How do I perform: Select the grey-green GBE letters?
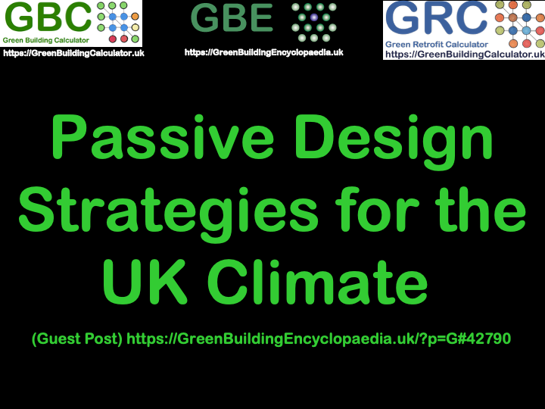pos(232,18)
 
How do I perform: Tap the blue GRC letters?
pos(438,20)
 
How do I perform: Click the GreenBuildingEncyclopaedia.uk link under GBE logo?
pos(263,52)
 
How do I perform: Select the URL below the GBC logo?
pos(73,53)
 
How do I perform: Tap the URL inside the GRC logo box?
pos(464,55)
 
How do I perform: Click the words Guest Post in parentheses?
pos(77,339)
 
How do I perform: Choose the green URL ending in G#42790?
pos(319,339)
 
